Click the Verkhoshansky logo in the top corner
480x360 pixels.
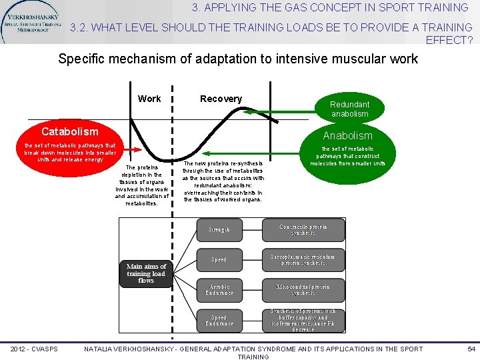click(32, 21)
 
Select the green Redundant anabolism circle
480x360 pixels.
click(349, 109)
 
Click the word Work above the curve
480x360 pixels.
click(149, 99)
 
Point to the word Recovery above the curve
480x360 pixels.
click(221, 99)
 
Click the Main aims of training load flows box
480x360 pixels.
click(146, 273)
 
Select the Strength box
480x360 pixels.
click(219, 229)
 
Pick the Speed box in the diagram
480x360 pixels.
click(219, 259)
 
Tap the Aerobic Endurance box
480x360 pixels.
click(219, 290)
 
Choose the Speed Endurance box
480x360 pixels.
click(219, 321)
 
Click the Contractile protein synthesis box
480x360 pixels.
click(303, 229)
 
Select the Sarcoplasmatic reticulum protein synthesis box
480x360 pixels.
click(303, 259)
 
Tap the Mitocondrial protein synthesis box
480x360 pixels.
click(303, 290)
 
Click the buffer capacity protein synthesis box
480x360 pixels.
click(303, 321)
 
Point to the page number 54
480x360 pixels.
click(471, 349)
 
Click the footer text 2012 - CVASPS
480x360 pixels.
click(34, 349)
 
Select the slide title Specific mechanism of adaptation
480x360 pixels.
click(238, 59)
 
